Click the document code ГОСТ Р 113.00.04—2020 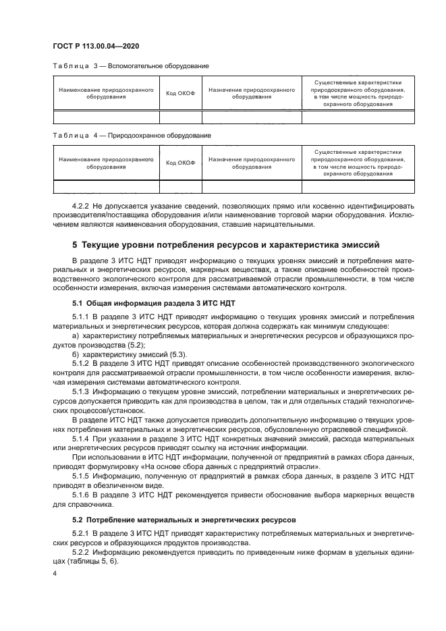[96, 45]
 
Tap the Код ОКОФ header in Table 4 [180, 163]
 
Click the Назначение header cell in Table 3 [252, 93]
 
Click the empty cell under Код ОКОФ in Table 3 [180, 117]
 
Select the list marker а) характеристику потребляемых [75, 335]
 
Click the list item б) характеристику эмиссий [129, 354]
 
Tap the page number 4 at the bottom [55, 574]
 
